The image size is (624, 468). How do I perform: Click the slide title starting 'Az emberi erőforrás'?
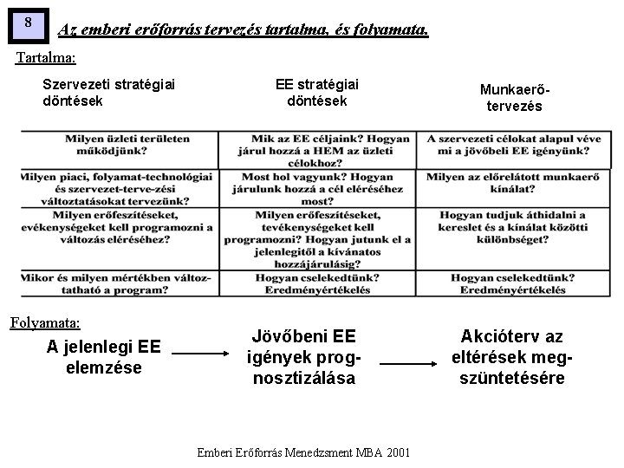[243, 30]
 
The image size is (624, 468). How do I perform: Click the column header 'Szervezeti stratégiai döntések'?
[108, 92]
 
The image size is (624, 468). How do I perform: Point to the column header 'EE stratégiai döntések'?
[317, 92]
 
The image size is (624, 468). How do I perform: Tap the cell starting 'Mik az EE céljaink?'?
[319, 150]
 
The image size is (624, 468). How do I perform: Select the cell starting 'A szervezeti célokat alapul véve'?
[507, 145]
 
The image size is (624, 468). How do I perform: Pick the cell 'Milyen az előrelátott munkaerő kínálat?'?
[507, 182]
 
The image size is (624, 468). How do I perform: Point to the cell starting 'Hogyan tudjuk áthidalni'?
[507, 227]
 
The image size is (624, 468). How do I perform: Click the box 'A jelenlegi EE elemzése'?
[103, 355]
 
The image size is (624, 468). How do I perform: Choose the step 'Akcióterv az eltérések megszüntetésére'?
[511, 356]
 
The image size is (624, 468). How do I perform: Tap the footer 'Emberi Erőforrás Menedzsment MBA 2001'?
[304, 452]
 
